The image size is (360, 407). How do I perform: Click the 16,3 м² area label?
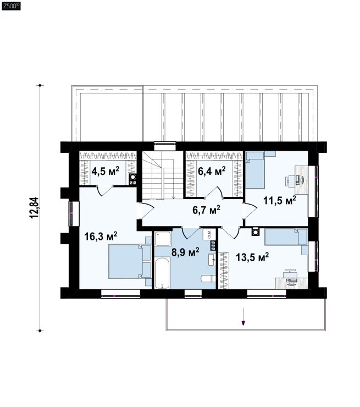tap(101, 236)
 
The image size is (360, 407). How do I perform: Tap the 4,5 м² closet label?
tap(106, 171)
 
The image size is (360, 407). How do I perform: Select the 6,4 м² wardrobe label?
tap(212, 171)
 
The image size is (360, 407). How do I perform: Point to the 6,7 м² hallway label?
tap(207, 210)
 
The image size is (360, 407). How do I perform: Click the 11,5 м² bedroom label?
tap(280, 200)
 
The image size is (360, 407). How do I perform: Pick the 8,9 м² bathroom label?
tap(185, 251)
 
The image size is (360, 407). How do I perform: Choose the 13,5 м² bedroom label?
tap(252, 257)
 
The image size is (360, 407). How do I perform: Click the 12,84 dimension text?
tap(35, 208)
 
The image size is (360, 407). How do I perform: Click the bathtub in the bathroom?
tap(162, 273)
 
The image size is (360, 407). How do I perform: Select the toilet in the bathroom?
tap(208, 278)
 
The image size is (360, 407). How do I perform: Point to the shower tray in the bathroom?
tap(163, 239)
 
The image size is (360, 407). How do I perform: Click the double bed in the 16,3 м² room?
tap(126, 261)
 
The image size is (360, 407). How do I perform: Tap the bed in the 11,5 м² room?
tap(255, 170)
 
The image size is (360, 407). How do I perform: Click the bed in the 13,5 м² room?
tap(286, 237)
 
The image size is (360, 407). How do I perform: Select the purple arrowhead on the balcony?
tap(243, 323)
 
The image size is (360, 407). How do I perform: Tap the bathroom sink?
tap(212, 260)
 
